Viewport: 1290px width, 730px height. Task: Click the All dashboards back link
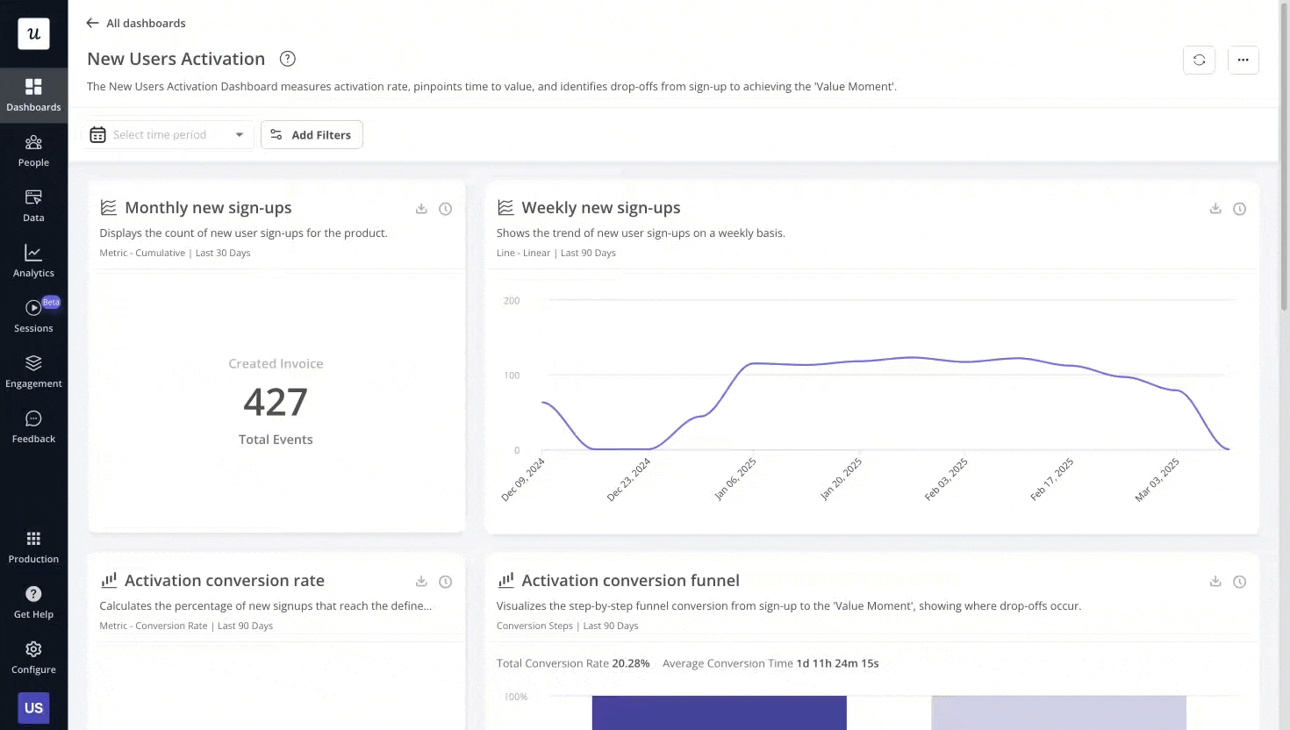(x=136, y=23)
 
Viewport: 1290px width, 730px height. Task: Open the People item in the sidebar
(x=33, y=151)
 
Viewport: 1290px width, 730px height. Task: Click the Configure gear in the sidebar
(x=33, y=657)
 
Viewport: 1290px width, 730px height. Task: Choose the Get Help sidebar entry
(x=33, y=602)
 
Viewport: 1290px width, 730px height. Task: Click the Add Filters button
(x=312, y=135)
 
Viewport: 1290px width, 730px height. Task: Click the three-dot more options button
(x=1243, y=60)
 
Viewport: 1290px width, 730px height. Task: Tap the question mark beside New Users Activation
(x=287, y=59)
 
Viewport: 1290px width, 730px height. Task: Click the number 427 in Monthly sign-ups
(x=276, y=403)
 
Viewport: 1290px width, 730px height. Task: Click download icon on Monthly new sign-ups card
(x=421, y=209)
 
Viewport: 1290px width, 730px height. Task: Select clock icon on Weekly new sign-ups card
(x=1239, y=209)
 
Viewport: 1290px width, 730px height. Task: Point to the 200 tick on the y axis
(x=512, y=301)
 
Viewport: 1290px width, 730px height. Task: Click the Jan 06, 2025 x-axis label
(x=735, y=479)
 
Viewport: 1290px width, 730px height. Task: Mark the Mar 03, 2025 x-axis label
(x=1157, y=479)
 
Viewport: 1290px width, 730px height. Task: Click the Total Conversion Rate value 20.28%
(x=630, y=663)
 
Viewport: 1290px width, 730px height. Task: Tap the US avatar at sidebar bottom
(x=33, y=708)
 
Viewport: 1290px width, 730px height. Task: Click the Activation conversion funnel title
(x=630, y=581)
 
